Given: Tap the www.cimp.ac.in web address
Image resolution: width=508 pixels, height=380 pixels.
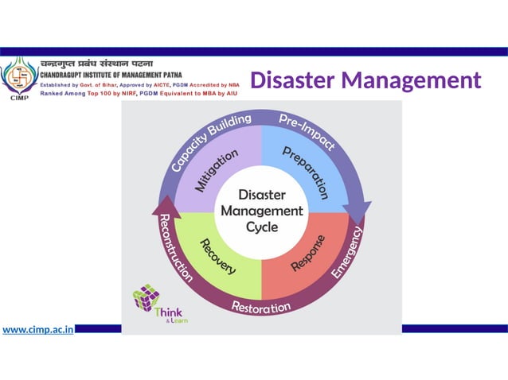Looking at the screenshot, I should tap(38, 328).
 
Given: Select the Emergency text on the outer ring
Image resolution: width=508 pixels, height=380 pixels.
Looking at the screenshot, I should tap(347, 253).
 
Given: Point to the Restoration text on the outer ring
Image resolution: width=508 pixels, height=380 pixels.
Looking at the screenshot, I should tap(261, 305).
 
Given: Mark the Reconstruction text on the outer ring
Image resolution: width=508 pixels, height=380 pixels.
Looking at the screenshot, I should tap(176, 247).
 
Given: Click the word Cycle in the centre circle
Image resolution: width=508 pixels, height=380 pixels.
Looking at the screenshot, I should tap(261, 227).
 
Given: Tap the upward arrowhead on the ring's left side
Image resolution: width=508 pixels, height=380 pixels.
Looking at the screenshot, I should tap(166, 204).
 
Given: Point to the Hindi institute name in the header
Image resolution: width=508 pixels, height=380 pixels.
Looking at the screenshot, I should tap(96, 64).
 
